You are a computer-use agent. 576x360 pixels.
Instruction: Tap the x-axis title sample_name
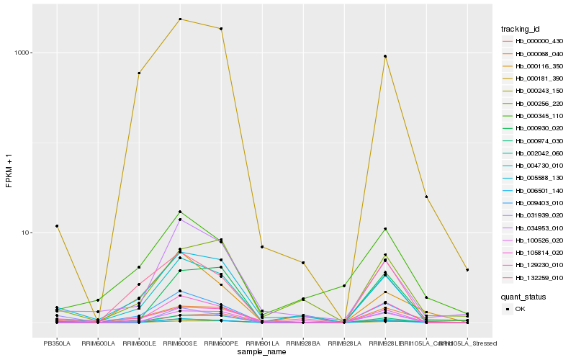pos(262,351)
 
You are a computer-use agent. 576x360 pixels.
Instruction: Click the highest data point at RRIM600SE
pos(180,19)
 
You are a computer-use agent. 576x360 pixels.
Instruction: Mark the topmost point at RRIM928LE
pos(385,56)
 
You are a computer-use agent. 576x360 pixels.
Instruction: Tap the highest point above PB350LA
pos(57,226)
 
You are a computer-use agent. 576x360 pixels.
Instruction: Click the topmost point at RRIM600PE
pos(221,29)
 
